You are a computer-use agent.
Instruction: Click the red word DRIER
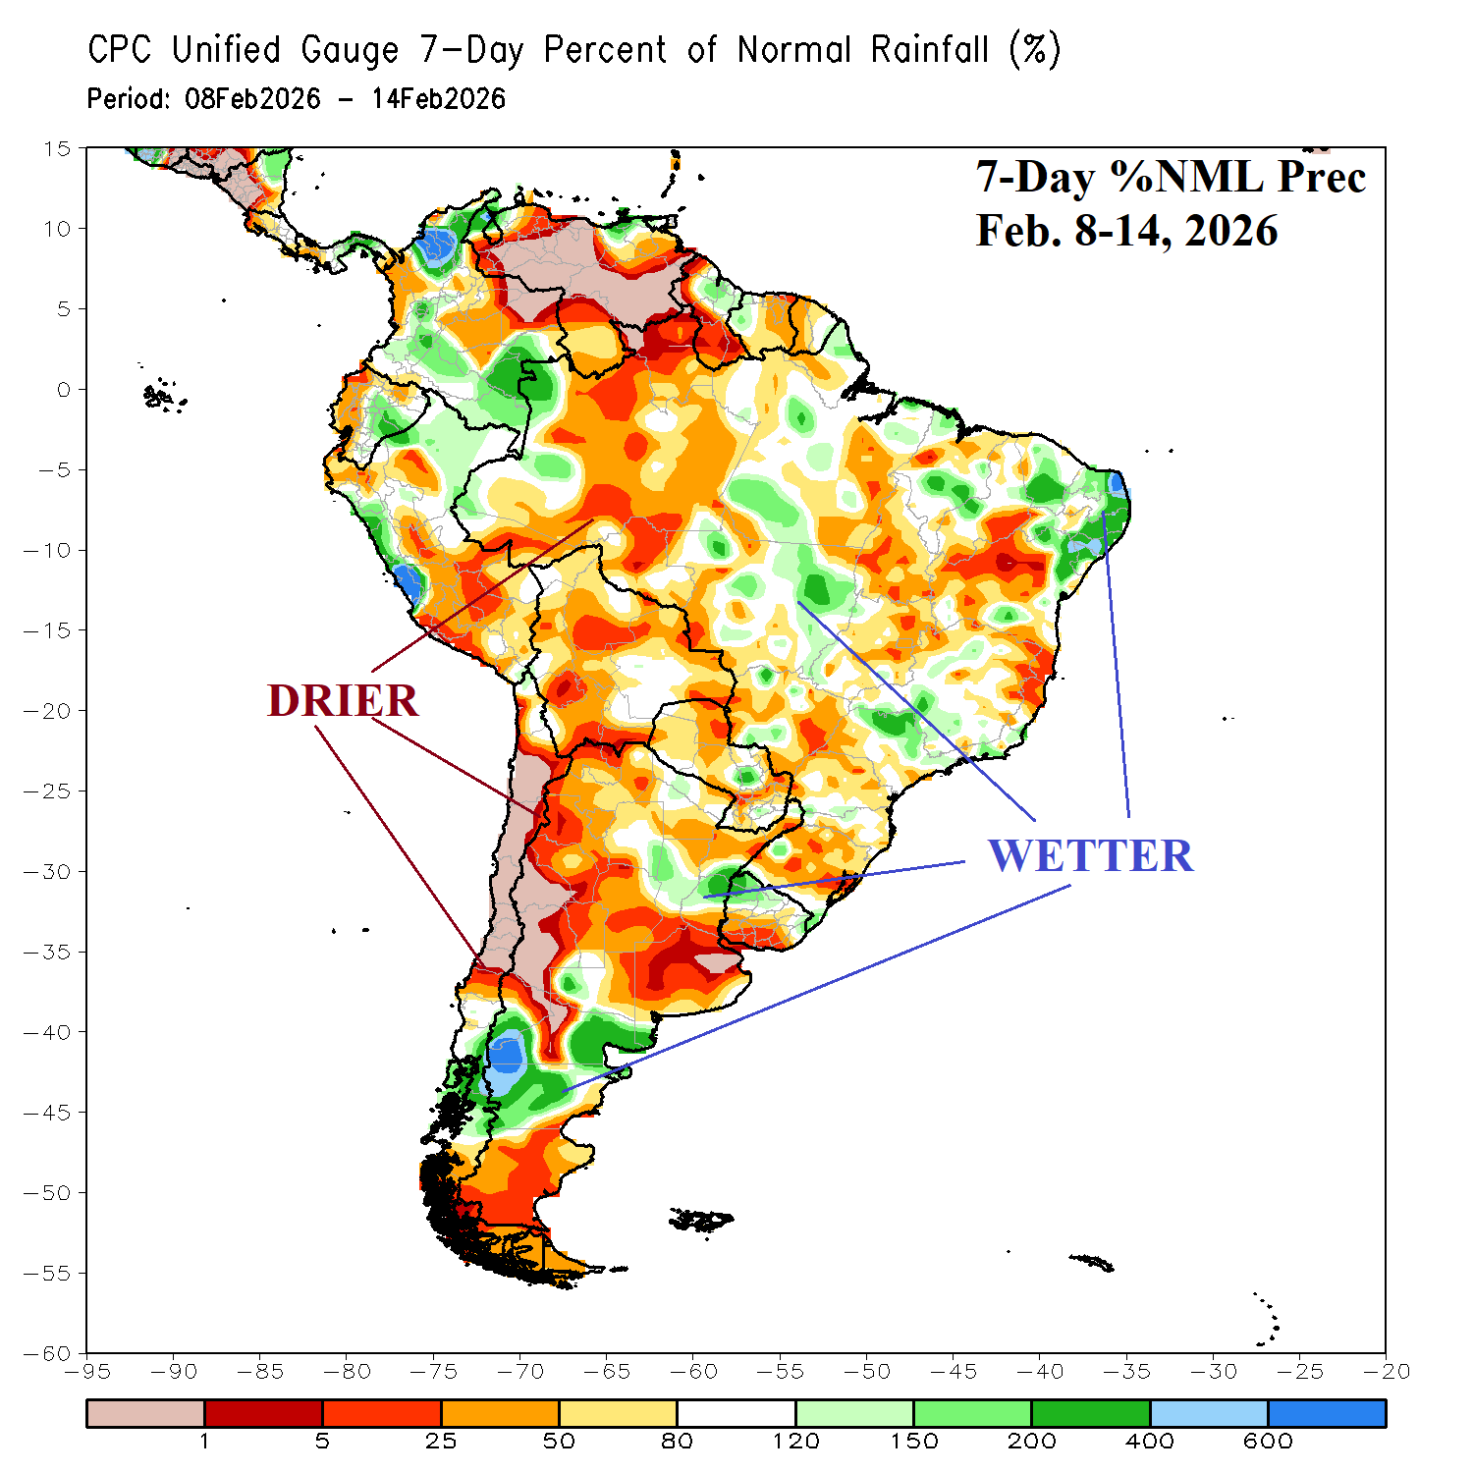coord(343,701)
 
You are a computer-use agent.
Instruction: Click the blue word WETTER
coord(1090,856)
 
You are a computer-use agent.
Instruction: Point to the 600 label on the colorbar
coord(1268,1442)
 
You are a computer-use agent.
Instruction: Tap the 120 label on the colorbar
coord(795,1442)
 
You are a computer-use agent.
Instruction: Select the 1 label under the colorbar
coord(204,1442)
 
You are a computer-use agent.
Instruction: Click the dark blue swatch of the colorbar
coord(1327,1413)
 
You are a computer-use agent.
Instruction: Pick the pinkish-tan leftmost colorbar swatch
coord(145,1413)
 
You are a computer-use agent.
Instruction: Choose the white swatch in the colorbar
coord(736,1413)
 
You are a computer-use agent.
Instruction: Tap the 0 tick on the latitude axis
coord(64,390)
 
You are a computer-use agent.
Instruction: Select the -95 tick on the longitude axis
coord(86,1372)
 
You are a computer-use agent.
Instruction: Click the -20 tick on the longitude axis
coord(1386,1372)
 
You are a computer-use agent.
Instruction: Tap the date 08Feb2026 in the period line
coord(252,99)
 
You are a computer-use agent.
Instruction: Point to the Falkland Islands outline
coord(701,1221)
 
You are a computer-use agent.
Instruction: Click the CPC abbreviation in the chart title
coord(120,50)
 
